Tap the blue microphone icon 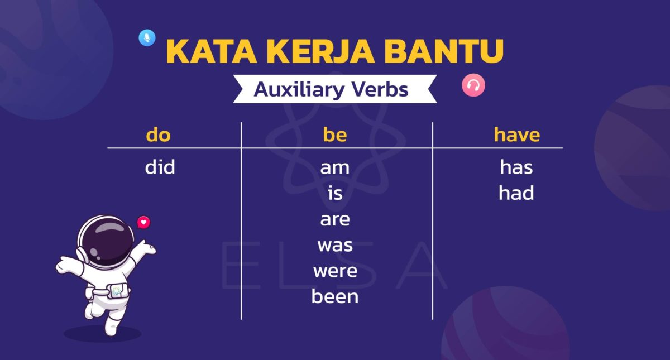point(147,38)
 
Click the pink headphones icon point(473,85)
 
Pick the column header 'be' point(335,135)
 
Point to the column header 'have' point(516,135)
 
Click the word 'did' point(160,167)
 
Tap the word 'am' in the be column point(335,167)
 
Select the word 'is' point(335,193)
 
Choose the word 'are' point(335,219)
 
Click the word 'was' point(335,245)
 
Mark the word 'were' point(335,271)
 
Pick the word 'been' point(335,296)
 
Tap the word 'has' point(516,167)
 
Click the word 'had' point(516,193)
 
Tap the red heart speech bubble point(144,222)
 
